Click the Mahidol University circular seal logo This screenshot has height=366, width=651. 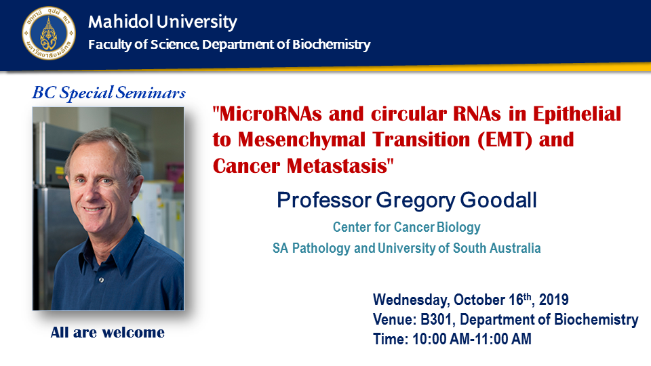click(49, 33)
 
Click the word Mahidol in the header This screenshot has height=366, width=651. click(121, 22)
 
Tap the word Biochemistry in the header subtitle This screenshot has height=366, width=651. click(331, 45)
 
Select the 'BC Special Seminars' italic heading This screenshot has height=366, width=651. click(108, 92)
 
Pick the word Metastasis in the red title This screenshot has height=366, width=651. click(337, 165)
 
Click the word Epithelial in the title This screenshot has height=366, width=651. click(577, 114)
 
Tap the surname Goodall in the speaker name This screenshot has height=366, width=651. click(498, 200)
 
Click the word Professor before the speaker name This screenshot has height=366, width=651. click(324, 200)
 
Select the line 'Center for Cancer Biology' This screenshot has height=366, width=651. click(406, 227)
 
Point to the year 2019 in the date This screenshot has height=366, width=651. click(553, 300)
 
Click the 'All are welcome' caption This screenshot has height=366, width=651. click(108, 332)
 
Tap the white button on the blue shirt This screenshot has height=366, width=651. click(101, 281)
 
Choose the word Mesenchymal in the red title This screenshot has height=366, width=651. click(302, 140)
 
